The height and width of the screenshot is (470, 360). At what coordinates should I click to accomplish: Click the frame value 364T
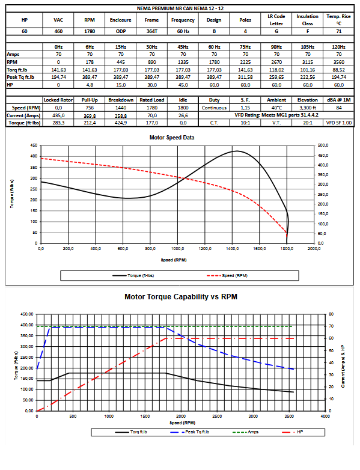pos(151,31)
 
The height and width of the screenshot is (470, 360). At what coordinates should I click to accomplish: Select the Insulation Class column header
pos(308,20)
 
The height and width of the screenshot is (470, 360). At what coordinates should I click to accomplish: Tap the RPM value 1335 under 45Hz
pos(183,62)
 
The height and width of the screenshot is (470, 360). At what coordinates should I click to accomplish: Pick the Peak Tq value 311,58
pos(245,77)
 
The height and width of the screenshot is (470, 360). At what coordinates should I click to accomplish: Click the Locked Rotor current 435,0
pos(58,115)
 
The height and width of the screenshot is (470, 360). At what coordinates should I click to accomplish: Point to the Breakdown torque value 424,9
pos(121,123)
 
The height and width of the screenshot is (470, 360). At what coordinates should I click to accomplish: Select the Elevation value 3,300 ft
pos(308,108)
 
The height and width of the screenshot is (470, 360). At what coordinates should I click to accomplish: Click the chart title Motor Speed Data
pos(172,138)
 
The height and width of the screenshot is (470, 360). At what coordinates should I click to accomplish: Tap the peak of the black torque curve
pos(237,151)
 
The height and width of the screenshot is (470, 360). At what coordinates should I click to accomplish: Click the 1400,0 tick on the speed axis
pos(232,248)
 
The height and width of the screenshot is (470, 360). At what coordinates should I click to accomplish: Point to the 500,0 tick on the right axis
pos(323,145)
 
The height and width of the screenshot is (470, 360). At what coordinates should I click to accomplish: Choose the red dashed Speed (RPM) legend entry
pos(227,275)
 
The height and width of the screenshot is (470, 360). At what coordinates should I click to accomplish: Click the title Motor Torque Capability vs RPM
pos(181,297)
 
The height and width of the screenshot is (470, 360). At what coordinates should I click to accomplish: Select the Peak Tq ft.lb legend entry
pos(190,432)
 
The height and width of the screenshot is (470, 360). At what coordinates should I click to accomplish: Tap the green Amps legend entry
pos(245,432)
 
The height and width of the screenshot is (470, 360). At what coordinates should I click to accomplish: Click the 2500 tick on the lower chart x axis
pos(217,417)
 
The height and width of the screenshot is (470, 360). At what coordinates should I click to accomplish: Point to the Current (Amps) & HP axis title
pos(343,366)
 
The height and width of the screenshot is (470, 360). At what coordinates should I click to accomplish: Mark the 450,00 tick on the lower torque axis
pos(26,314)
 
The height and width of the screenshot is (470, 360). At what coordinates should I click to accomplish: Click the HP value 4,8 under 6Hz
pos(90,85)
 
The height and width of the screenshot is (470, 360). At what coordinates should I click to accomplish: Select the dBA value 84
pos(339,108)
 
